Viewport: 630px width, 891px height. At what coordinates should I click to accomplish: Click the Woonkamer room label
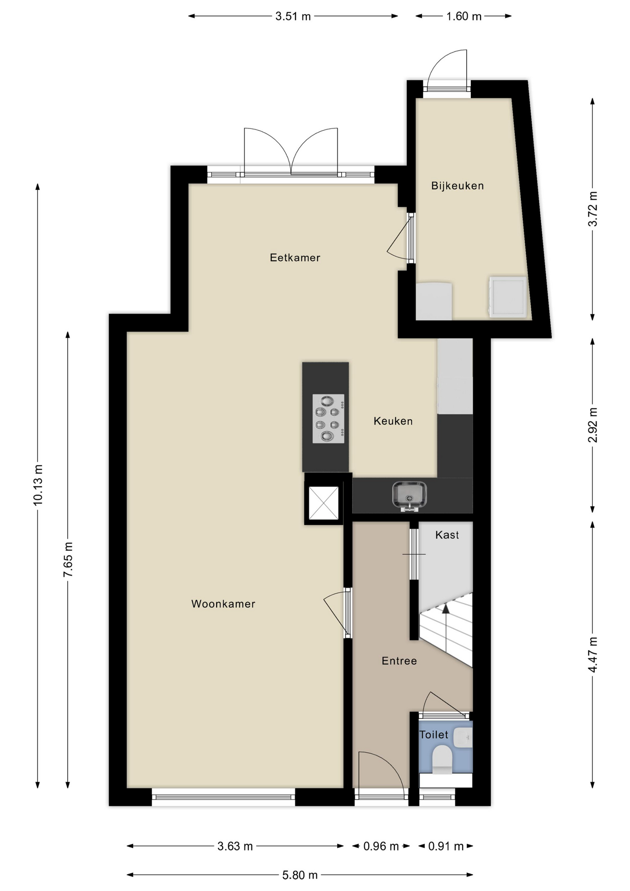tap(223, 604)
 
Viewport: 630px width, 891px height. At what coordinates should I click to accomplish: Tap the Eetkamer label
tap(295, 258)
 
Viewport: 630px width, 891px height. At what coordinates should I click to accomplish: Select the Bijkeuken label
tap(457, 186)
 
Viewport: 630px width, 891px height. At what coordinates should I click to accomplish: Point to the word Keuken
tap(393, 421)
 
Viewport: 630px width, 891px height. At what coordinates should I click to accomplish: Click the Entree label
tap(399, 661)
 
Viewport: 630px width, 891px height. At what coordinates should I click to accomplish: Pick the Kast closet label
tap(447, 535)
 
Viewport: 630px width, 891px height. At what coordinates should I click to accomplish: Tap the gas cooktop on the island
tap(328, 419)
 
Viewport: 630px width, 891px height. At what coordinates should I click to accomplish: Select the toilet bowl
tap(442, 759)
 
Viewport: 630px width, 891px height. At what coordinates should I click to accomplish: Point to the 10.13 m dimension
tap(38, 484)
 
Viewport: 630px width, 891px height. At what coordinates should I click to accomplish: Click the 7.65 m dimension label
tap(68, 560)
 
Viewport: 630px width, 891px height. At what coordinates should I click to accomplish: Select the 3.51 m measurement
tap(293, 16)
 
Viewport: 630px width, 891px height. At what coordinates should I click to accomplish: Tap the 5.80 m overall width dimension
tap(300, 875)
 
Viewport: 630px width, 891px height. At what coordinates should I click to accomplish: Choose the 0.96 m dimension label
tap(381, 846)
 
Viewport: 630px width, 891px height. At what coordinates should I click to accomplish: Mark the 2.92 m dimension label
tap(592, 425)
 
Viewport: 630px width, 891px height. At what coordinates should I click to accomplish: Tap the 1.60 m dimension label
tap(464, 16)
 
